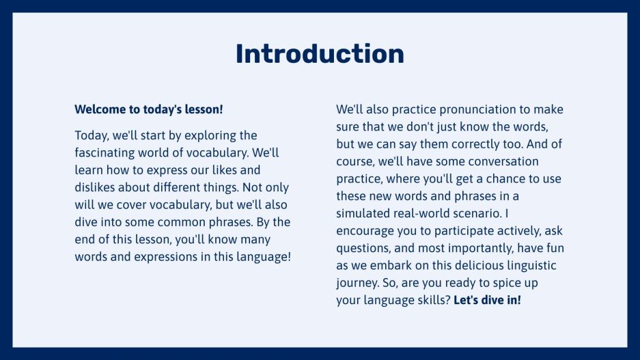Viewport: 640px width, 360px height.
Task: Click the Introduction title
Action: pyautogui.click(x=320, y=54)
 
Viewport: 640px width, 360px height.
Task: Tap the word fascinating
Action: pyautogui.click(x=109, y=152)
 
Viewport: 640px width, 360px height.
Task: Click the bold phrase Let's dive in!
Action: pyautogui.click(x=487, y=301)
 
